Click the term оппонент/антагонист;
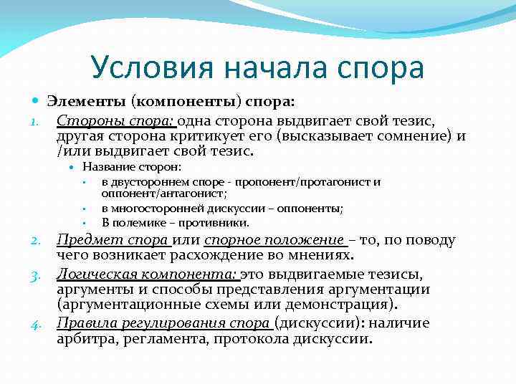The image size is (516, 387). [x=164, y=193]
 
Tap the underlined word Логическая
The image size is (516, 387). [x=98, y=274]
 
